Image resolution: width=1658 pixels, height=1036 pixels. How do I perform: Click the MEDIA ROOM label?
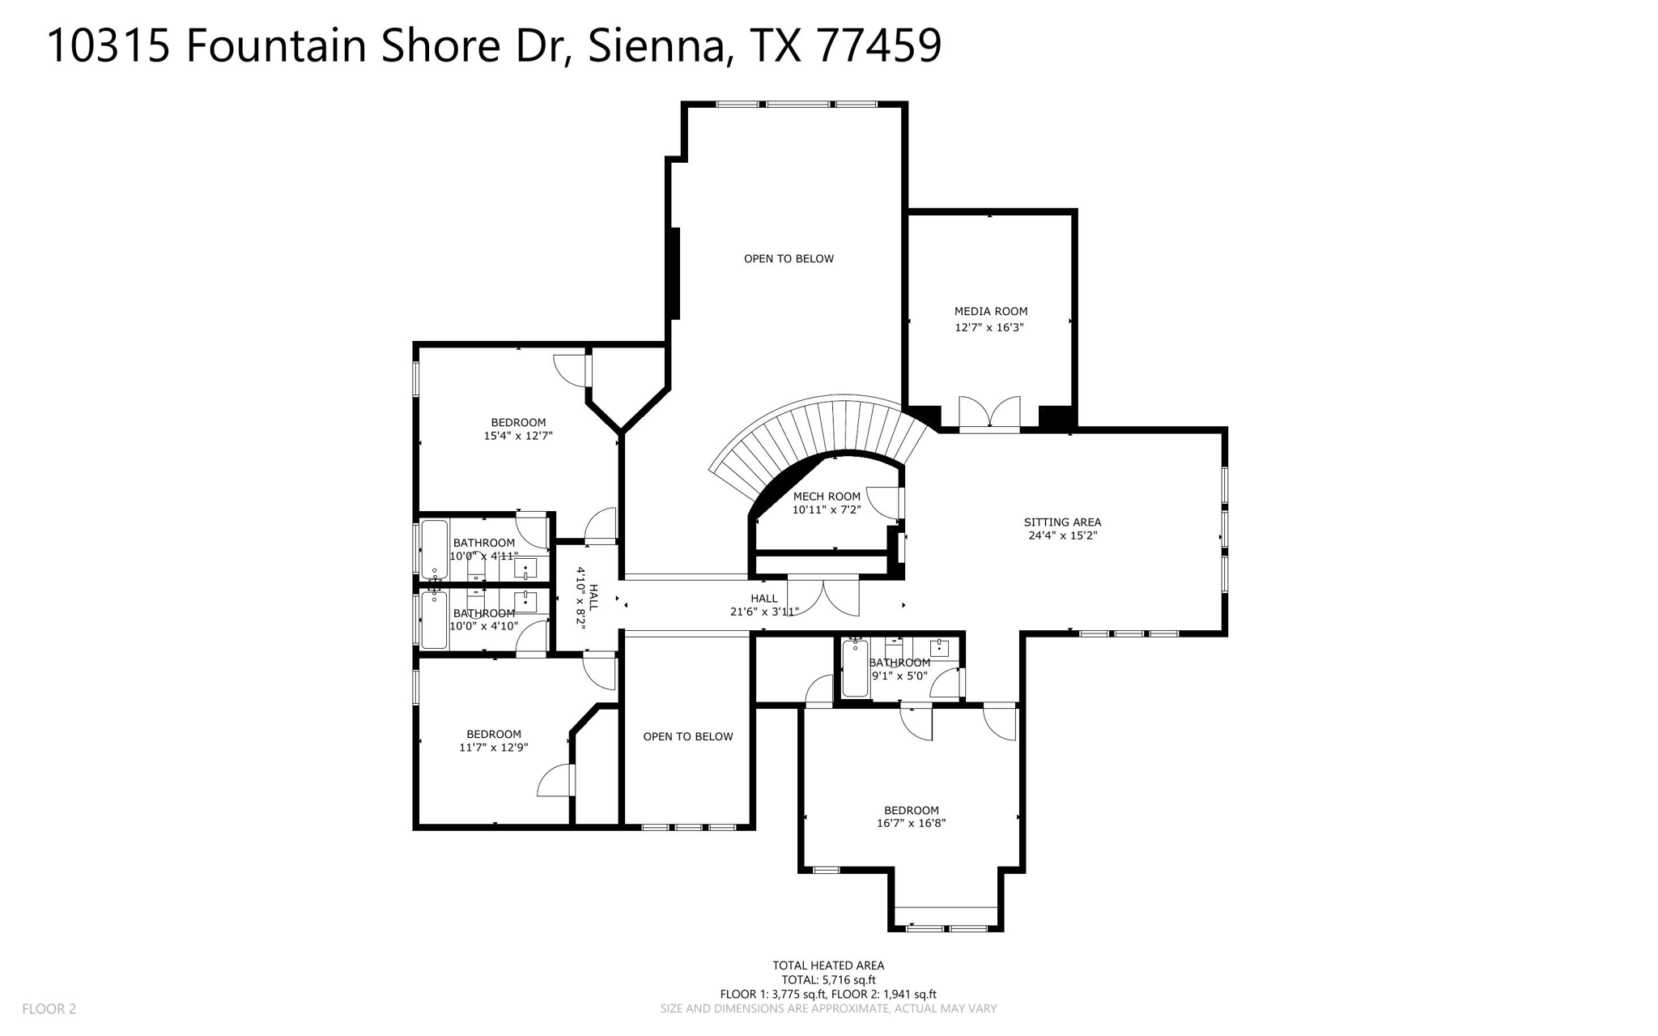990,311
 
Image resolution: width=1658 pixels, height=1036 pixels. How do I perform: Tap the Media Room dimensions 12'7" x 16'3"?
989,327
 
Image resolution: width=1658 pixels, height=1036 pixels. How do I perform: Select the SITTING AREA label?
1062,522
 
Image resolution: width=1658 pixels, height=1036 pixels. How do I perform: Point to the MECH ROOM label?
827,497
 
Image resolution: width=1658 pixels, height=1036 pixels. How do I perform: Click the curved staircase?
818,429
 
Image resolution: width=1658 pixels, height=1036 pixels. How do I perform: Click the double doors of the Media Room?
989,412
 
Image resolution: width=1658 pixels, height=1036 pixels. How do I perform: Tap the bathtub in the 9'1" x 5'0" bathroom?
855,669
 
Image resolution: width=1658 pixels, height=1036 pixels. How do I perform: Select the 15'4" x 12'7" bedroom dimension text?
518,436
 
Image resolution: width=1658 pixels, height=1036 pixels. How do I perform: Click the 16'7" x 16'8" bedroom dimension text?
911,823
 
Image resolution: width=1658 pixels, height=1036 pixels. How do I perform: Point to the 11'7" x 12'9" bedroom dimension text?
493,748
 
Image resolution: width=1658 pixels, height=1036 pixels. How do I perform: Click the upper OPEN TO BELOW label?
789,258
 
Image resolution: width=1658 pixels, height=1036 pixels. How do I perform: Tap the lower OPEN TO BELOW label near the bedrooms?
687,736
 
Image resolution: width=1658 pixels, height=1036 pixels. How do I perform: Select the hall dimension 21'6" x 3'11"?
763,612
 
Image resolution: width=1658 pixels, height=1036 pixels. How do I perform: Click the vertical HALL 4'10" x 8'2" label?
587,596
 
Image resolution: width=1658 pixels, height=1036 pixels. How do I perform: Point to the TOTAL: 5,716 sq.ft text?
827,979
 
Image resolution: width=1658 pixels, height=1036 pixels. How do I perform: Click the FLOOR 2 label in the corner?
49,1008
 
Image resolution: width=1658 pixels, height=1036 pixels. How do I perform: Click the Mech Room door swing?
884,502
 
